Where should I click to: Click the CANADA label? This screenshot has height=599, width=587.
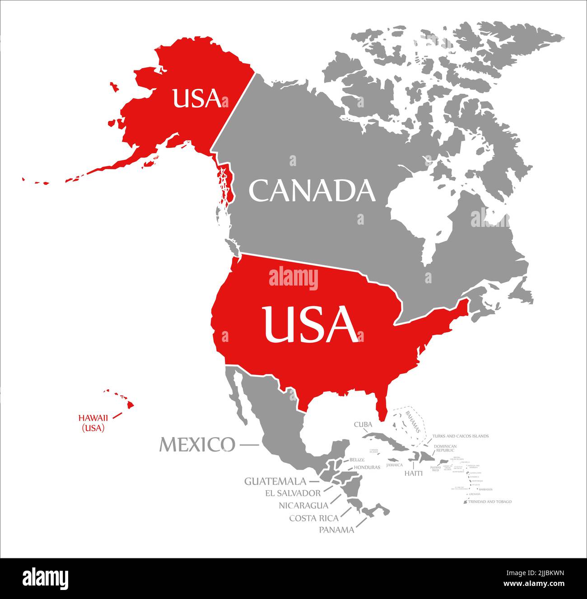pos(312,191)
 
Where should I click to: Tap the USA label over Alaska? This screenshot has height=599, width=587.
pos(197,98)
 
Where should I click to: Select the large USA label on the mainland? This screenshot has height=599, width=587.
pos(311,324)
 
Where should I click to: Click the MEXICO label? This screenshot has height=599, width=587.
pos(197,445)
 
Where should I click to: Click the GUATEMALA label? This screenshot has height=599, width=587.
pos(275,481)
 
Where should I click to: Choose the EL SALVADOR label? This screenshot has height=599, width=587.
pos(293,493)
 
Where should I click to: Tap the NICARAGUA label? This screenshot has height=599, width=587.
pos(303,505)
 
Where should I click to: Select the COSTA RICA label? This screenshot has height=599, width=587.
pos(314,518)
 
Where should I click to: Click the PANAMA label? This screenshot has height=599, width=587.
pos(336,530)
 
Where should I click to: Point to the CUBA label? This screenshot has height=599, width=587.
pos(363,424)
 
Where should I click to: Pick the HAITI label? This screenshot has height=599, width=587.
pos(413,473)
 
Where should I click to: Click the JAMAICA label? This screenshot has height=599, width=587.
pos(395,465)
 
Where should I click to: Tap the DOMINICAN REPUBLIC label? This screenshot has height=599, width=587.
pos(445,448)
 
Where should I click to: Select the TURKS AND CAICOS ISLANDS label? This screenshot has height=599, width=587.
pos(460,436)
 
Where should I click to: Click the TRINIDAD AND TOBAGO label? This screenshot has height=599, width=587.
pos(490,502)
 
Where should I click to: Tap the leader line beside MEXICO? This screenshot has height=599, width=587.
pos(249,445)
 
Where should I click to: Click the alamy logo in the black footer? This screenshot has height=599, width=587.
pos(46,578)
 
